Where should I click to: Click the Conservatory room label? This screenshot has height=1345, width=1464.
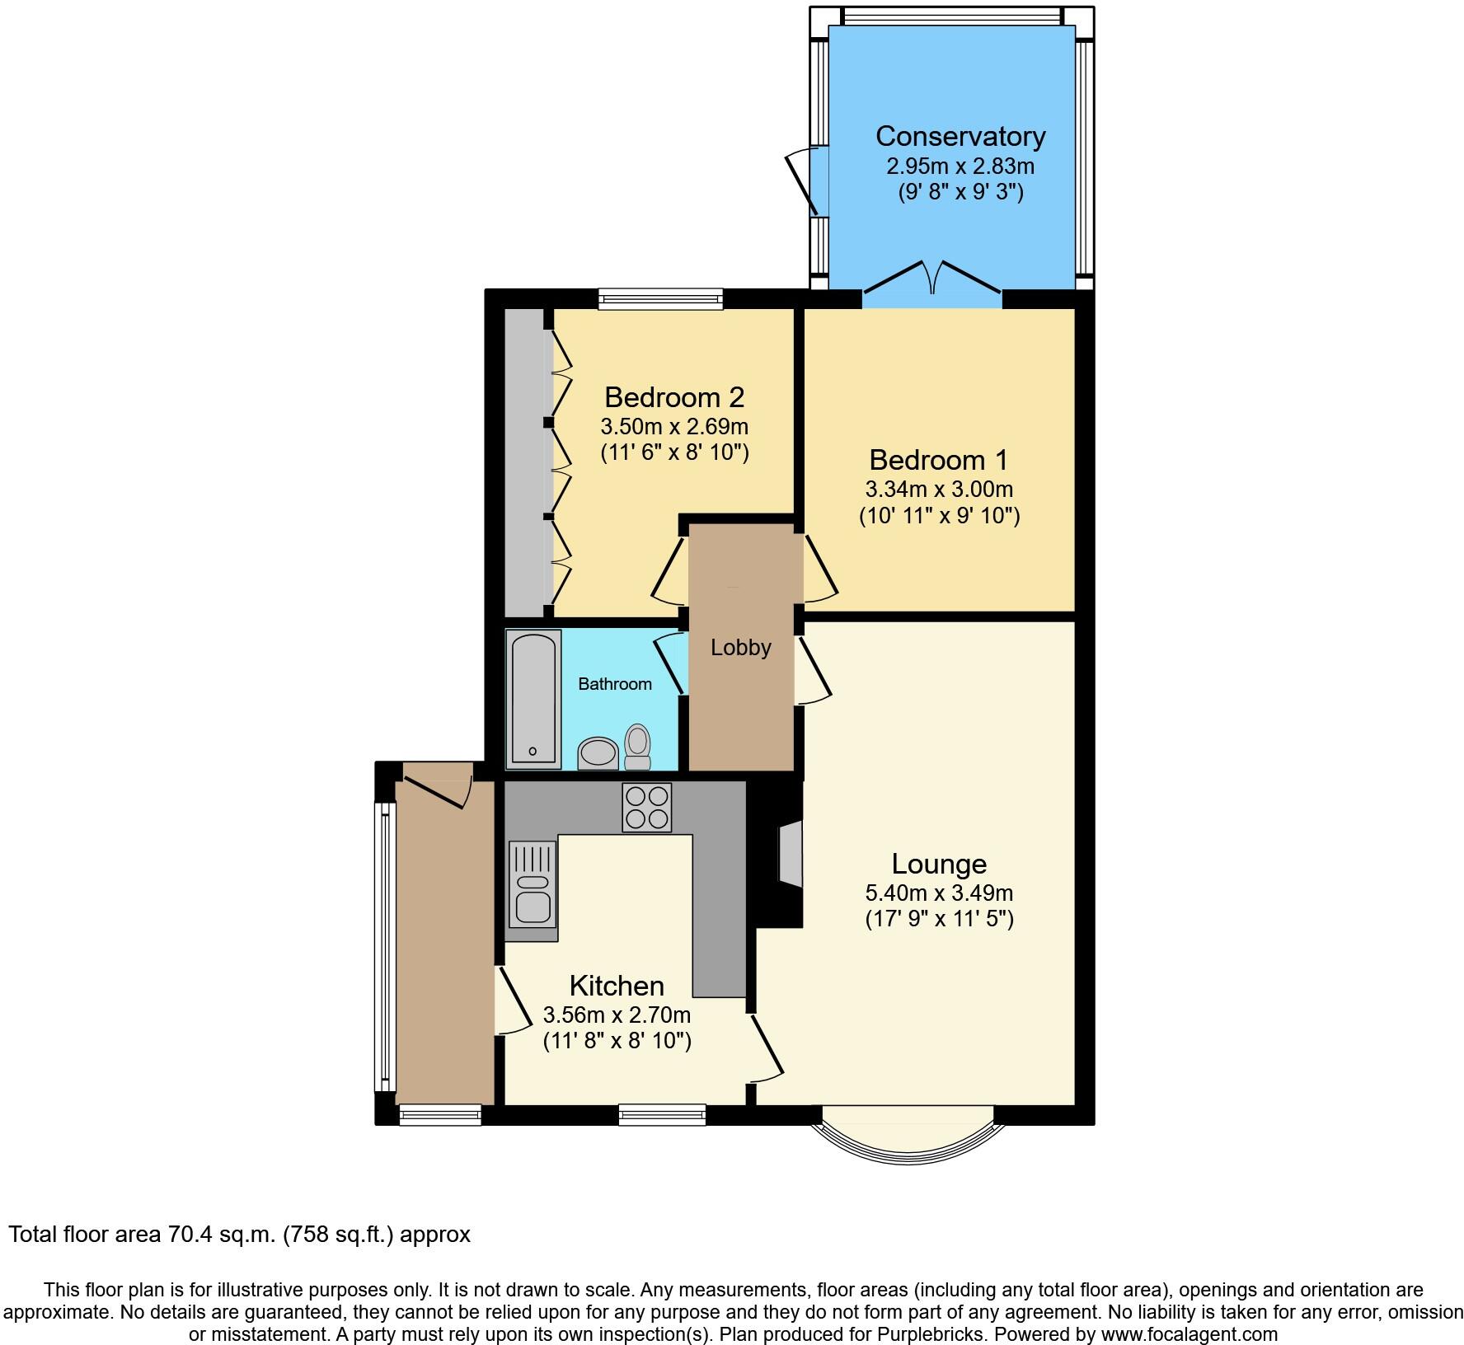pyautogui.click(x=960, y=136)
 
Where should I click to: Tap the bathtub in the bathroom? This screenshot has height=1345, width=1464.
pyautogui.click(x=533, y=697)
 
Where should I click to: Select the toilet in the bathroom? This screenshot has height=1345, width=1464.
pyautogui.click(x=637, y=747)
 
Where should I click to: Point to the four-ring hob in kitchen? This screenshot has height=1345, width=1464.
pyautogui.click(x=646, y=807)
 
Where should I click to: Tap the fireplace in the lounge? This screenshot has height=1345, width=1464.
pyautogui.click(x=789, y=853)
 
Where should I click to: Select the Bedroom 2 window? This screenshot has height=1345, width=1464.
pyautogui.click(x=660, y=298)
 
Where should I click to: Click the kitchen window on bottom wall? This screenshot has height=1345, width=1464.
pyautogui.click(x=662, y=1115)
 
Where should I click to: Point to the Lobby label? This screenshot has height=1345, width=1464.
pyautogui.click(x=740, y=648)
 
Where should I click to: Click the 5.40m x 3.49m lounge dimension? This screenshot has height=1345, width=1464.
pyautogui.click(x=939, y=893)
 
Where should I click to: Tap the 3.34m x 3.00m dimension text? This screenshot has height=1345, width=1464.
pyautogui.click(x=939, y=490)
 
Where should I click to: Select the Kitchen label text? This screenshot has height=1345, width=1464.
pyautogui.click(x=617, y=986)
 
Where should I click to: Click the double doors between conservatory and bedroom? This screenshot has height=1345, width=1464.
pyautogui.click(x=932, y=280)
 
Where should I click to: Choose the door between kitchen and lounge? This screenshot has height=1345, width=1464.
pyautogui.click(x=765, y=1048)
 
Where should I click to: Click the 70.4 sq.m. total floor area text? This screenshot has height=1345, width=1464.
pyautogui.click(x=239, y=1235)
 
